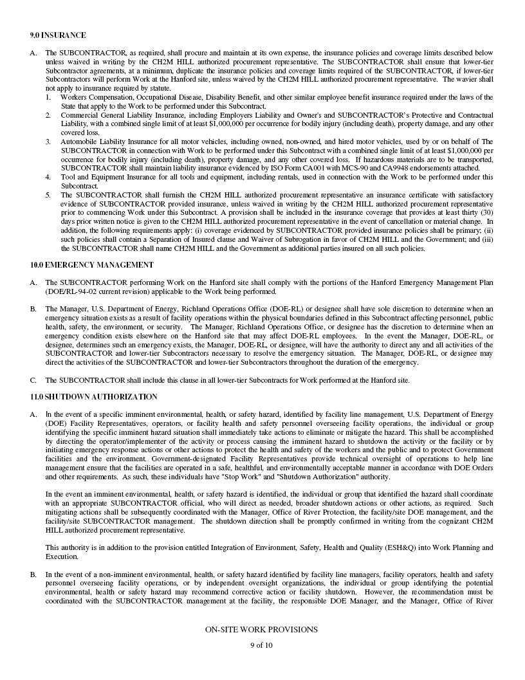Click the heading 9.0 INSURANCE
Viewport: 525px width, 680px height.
[58, 35]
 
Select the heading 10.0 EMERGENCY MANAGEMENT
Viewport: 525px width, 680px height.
[91, 264]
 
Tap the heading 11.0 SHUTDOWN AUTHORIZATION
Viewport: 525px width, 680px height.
[93, 397]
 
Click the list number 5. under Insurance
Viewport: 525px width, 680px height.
[48, 194]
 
